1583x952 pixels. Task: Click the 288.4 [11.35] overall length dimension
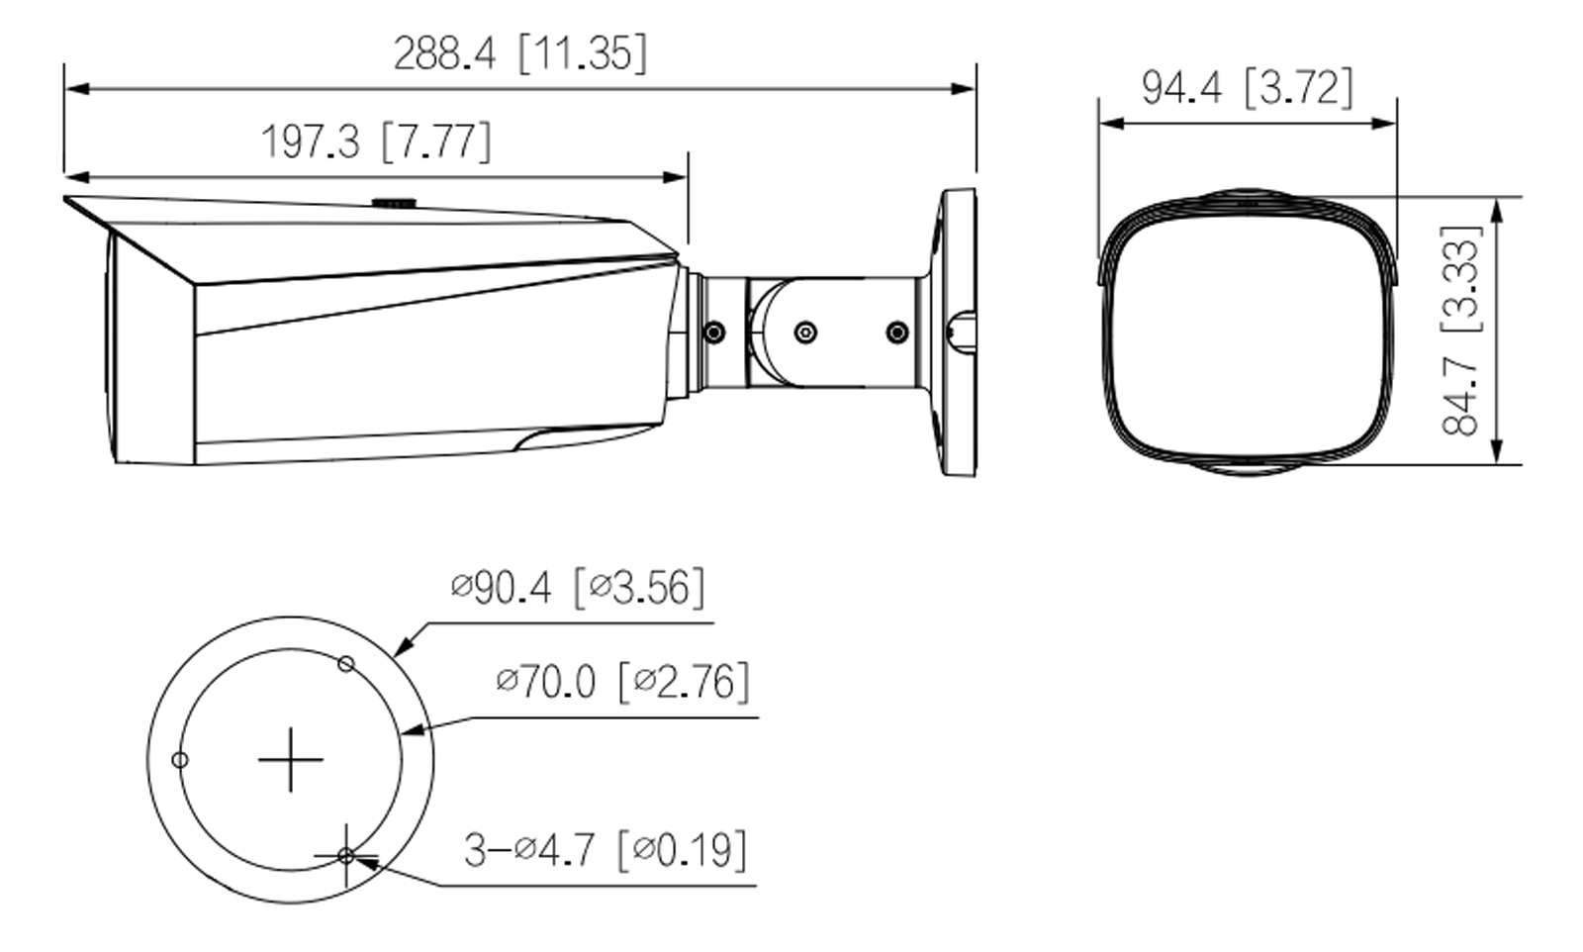(520, 53)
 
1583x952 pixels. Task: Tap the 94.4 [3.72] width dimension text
(1247, 88)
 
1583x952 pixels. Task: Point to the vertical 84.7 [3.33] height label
(1461, 331)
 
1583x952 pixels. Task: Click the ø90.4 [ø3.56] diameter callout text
(578, 588)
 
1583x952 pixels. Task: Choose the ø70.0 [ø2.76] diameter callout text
(622, 682)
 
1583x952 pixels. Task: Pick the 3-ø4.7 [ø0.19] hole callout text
(605, 849)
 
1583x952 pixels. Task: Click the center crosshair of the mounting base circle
(290, 760)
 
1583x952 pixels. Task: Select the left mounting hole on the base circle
(180, 760)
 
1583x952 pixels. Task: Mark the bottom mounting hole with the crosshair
(345, 855)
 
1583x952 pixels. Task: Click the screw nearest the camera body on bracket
(713, 333)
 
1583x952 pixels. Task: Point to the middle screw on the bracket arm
(805, 333)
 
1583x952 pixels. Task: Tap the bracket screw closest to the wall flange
(896, 333)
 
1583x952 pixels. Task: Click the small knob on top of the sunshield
(393, 202)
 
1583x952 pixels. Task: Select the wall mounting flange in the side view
(955, 333)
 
